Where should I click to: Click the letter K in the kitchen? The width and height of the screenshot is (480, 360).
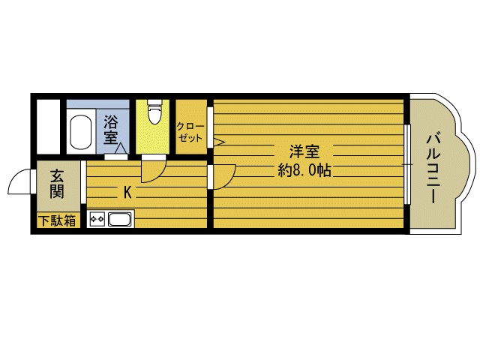(x=127, y=192)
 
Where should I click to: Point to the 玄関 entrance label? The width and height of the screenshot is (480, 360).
(x=57, y=184)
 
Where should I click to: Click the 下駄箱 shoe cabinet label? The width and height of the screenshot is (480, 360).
(x=58, y=221)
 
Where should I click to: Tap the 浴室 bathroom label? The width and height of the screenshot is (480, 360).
(x=111, y=129)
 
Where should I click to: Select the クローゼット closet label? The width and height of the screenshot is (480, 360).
(x=190, y=133)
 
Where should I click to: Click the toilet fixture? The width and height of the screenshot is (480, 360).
(x=154, y=113)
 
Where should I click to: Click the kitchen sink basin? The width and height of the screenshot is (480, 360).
(x=120, y=220)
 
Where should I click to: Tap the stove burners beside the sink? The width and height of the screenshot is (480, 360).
(x=97, y=220)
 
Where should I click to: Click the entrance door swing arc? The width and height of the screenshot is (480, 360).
(x=18, y=183)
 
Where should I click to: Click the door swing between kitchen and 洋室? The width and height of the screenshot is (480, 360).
(x=223, y=174)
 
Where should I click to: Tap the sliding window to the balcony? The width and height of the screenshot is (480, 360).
(x=406, y=164)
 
